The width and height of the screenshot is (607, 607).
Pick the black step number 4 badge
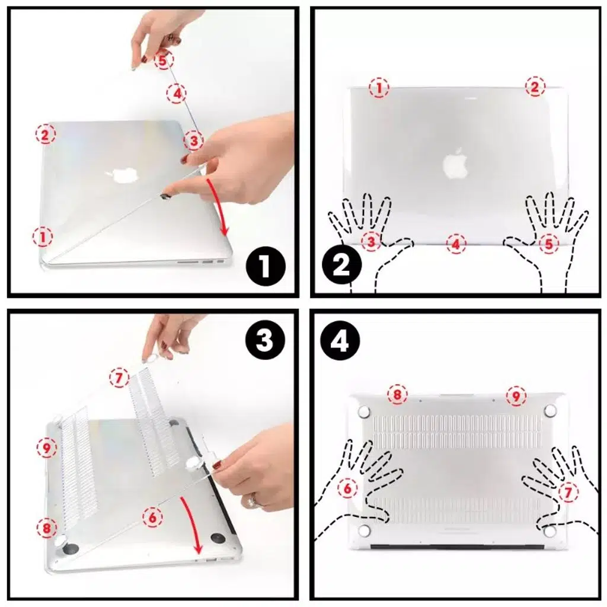(340, 341)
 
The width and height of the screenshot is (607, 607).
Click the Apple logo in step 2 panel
(456, 163)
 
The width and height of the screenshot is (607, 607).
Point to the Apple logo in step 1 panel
(121, 175)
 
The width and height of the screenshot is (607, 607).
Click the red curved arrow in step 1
(218, 207)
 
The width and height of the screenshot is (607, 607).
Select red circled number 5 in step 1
(163, 60)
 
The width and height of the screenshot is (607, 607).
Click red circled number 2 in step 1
(45, 135)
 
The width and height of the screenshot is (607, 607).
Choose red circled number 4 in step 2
(456, 244)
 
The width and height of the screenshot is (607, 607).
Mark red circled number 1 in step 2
(379, 88)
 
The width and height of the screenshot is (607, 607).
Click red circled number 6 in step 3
(152, 517)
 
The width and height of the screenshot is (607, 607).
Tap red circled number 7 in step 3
(119, 378)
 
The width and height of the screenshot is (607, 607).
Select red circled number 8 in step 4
(398, 395)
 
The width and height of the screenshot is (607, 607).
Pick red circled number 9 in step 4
(516, 395)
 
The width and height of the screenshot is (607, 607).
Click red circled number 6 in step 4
(347, 488)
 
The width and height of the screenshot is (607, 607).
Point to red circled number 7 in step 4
(568, 493)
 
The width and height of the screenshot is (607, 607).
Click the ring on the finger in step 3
(253, 500)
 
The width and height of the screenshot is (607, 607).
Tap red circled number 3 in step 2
(371, 241)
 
